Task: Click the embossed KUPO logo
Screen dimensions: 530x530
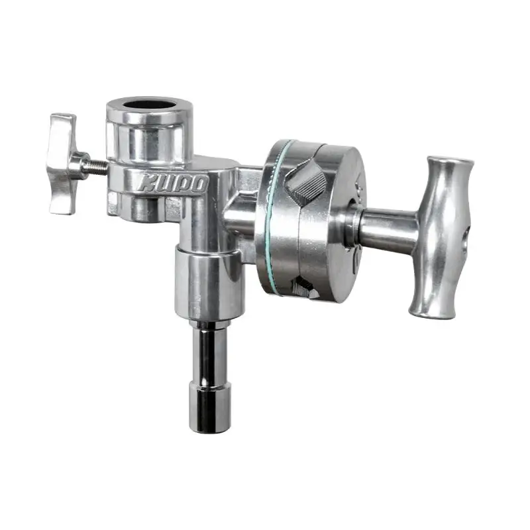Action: click(x=172, y=184)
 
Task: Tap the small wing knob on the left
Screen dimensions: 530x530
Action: click(x=64, y=164)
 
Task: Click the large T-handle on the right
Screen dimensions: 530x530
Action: click(x=442, y=237)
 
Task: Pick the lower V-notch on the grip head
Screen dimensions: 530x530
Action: click(x=305, y=288)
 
